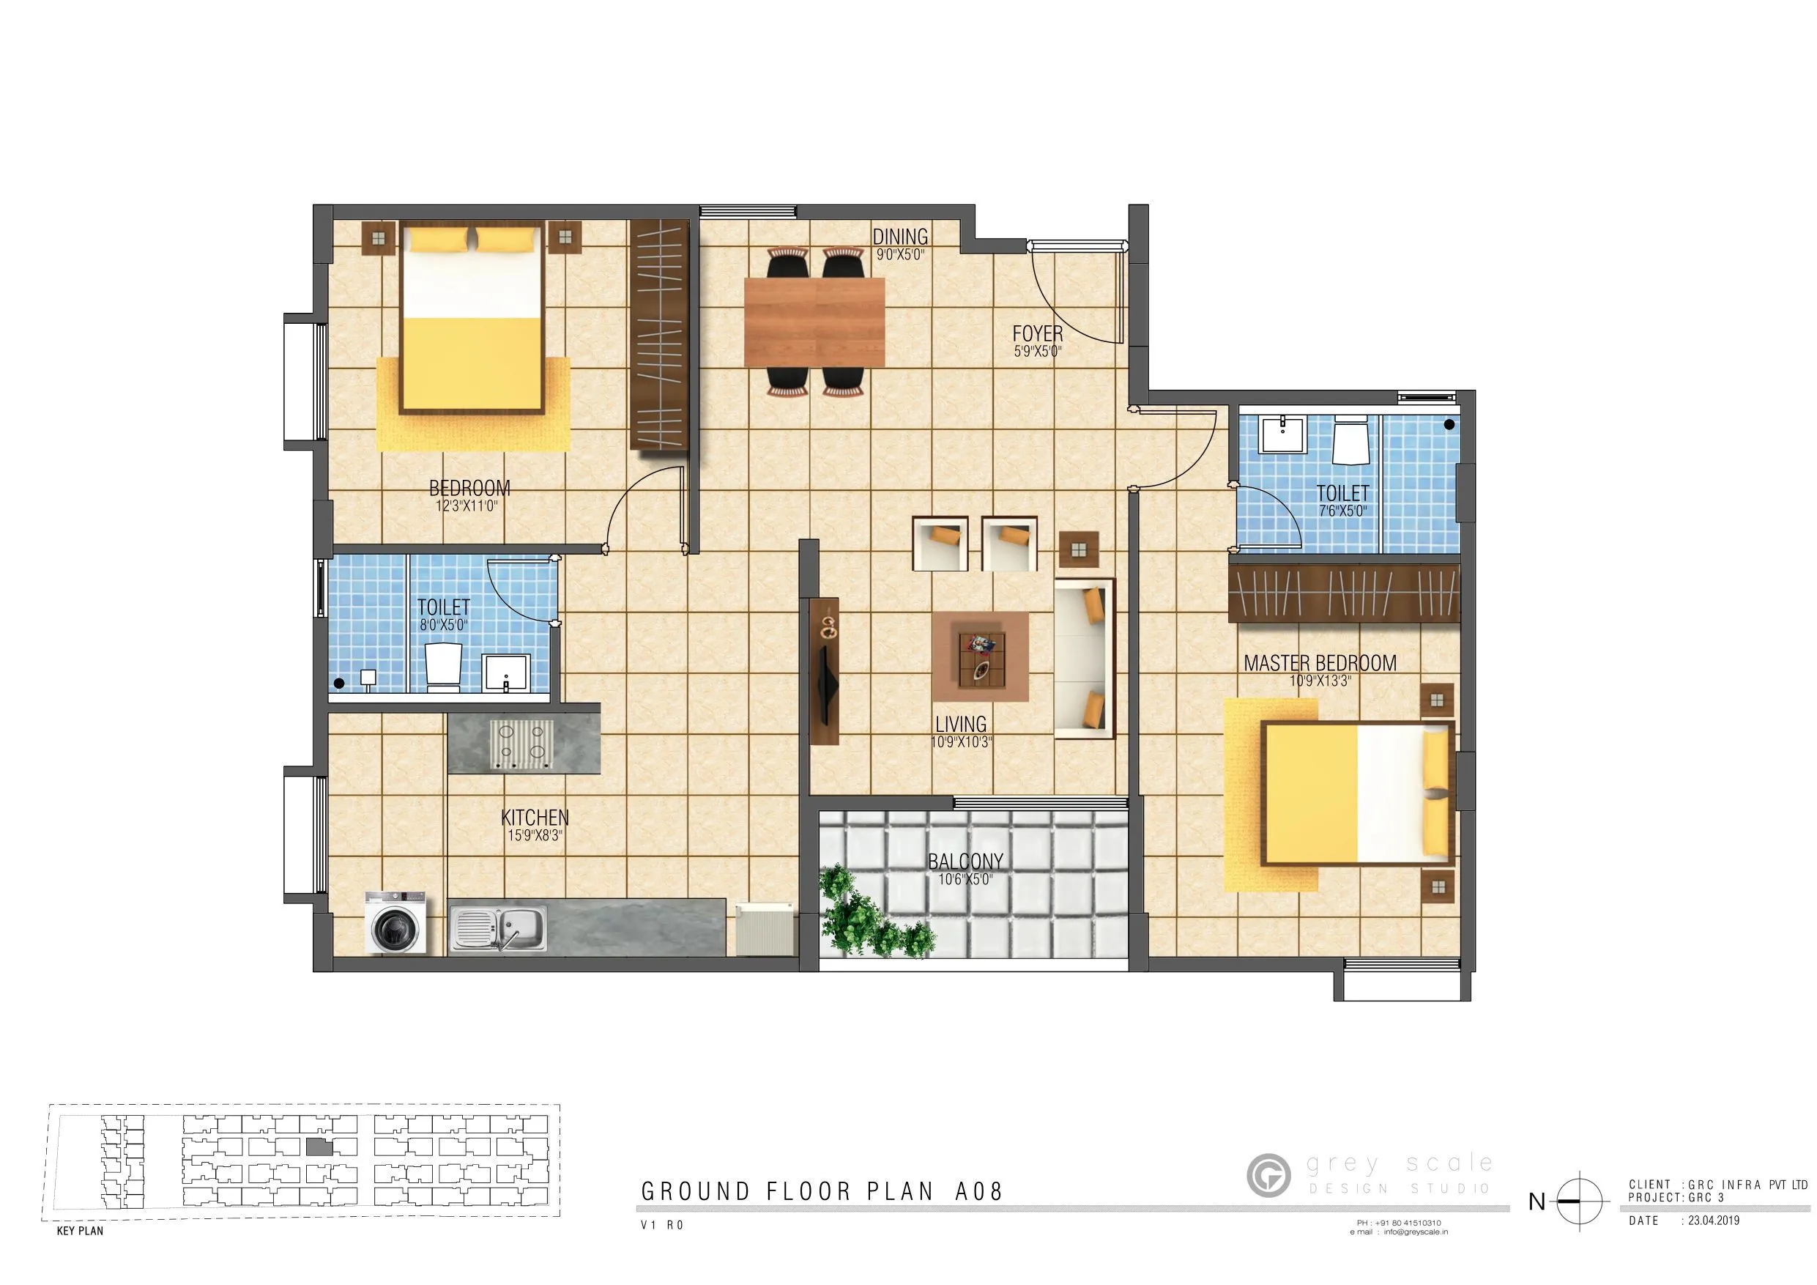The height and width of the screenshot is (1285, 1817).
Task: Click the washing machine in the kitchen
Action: tap(395, 922)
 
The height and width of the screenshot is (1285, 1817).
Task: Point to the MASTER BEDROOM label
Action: tap(1319, 664)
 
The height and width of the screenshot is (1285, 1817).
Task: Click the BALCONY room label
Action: tap(965, 862)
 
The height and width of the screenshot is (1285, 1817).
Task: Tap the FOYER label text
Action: tap(1037, 334)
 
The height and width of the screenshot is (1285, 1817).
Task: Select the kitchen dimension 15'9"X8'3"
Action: tap(534, 835)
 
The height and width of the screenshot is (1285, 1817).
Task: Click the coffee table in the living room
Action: tap(981, 658)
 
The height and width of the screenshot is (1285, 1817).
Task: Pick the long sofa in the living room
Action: tap(1083, 658)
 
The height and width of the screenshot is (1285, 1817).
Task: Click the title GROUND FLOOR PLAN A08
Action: tap(822, 1191)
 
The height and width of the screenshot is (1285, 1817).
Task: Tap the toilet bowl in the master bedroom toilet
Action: tap(1349, 441)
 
